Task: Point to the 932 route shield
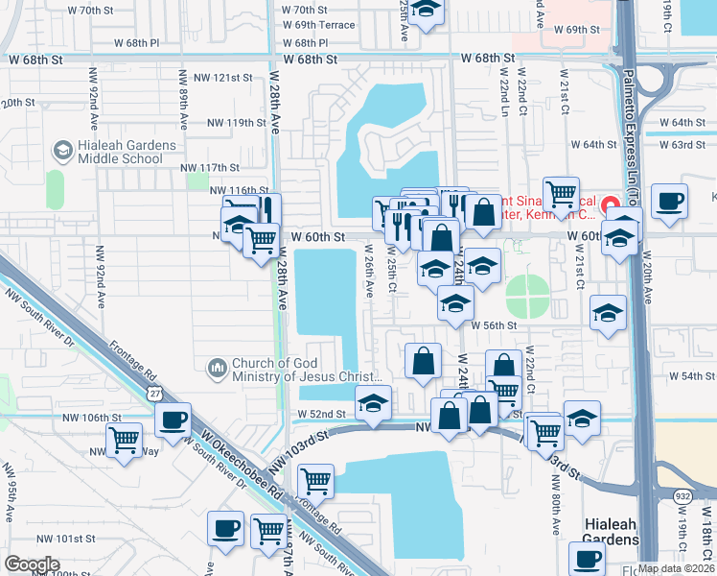682,495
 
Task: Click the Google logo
32,564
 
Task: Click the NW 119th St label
236,123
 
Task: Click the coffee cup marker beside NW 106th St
173,420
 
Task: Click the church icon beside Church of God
217,368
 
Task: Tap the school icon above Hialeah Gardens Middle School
62,150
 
